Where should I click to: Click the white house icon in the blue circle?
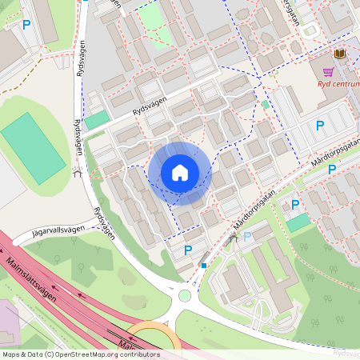coord(180,173)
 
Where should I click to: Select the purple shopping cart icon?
coord(327,71)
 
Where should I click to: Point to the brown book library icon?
coord(339,54)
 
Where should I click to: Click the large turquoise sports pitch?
coord(33,148)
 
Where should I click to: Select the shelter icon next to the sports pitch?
coord(78,170)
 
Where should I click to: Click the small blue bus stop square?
coord(204,266)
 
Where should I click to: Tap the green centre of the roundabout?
coord(185,295)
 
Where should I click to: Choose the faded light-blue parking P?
coord(246,236)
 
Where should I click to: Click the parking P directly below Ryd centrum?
coord(320,126)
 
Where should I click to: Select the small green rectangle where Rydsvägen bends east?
coord(97,120)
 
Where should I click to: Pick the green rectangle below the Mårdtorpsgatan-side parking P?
coord(298,223)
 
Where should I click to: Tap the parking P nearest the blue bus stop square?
coord(188,250)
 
